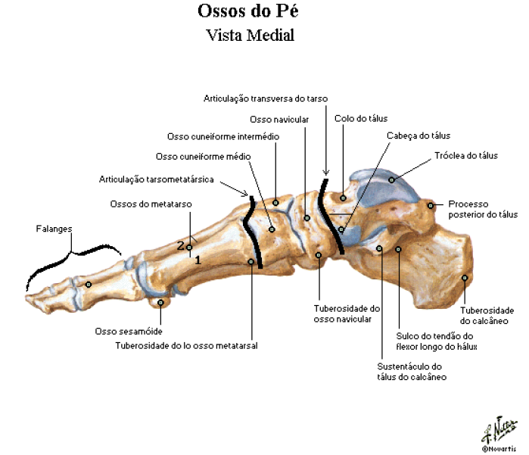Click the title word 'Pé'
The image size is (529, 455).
coord(288,11)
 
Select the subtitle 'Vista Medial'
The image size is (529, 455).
coord(250,35)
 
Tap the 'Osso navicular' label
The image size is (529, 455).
coord(279,120)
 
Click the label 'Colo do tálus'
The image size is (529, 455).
coord(361,118)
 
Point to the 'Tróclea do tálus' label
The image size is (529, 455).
coord(466,156)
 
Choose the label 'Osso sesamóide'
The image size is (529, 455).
coord(129,331)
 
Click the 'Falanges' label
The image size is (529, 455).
coord(54,229)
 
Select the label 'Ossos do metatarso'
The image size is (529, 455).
coord(151,204)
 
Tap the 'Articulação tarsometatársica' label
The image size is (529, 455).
coord(156,179)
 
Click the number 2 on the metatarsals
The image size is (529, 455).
coord(180,245)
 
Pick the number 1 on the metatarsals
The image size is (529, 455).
coord(198,260)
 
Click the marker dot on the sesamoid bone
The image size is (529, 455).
coord(160,302)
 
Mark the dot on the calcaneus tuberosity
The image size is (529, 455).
coord(465,278)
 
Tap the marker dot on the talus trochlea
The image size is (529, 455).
coord(391,180)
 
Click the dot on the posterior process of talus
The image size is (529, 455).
coord(430,205)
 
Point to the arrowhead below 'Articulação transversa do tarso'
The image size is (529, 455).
coord(326,173)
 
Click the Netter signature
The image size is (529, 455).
coord(499,429)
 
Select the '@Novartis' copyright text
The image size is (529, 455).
coord(499,449)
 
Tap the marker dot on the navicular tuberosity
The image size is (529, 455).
coord(318,255)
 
